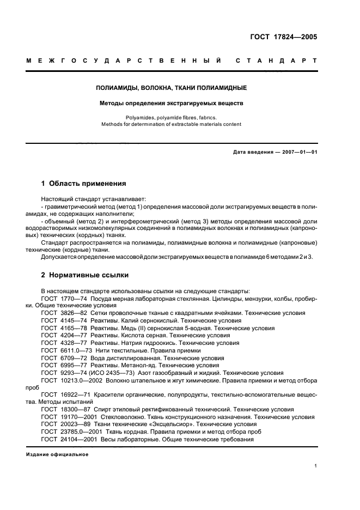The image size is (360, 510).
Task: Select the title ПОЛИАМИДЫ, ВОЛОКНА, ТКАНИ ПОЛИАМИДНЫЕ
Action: coord(172,87)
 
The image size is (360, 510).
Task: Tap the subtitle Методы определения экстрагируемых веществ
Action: coord(172,103)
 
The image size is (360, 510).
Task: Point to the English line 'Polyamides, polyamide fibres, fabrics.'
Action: coord(172,117)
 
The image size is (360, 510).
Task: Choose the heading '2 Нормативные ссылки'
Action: coord(84,275)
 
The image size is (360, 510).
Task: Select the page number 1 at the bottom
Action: coord(315,466)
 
